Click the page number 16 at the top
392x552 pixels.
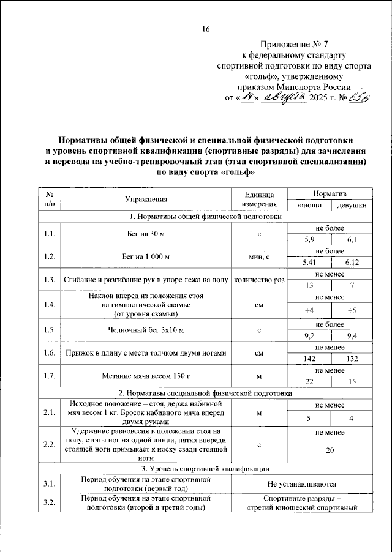[x=206, y=29]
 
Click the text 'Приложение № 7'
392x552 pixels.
[x=295, y=45]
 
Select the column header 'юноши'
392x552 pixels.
[x=309, y=205]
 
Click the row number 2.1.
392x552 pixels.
[x=50, y=414]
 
